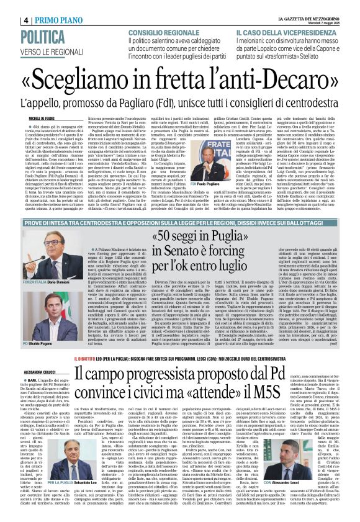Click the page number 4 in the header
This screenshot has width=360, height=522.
pos(26,20)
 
